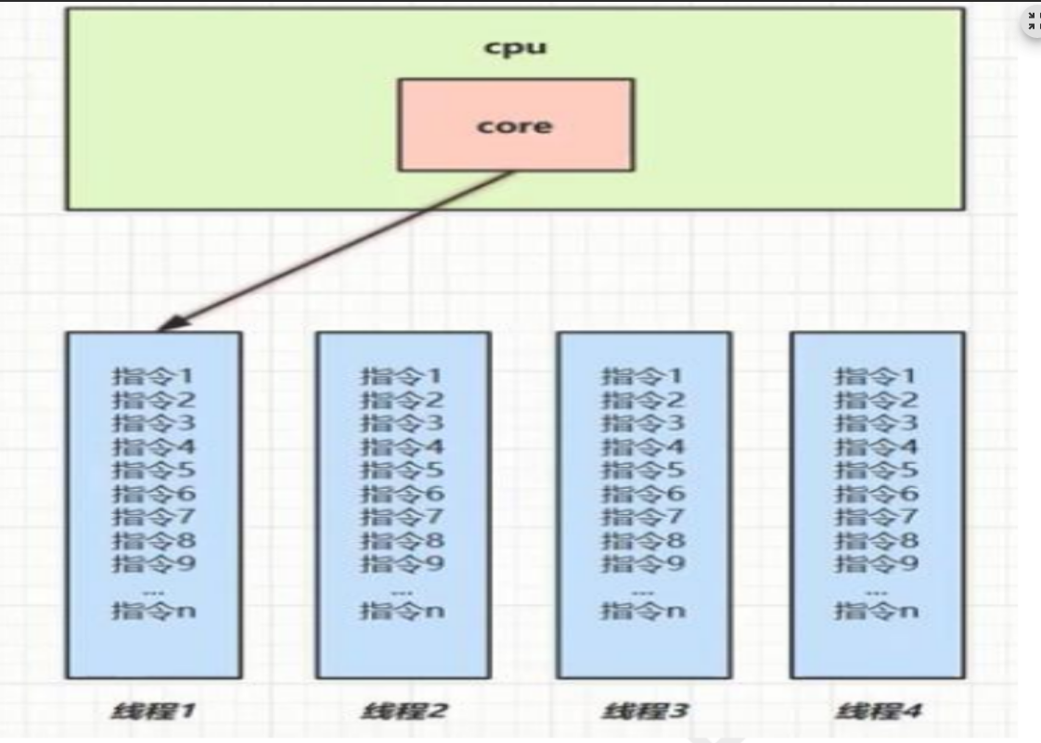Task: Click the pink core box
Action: click(516, 124)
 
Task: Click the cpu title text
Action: click(515, 47)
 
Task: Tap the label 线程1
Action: click(154, 711)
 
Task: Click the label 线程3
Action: click(643, 711)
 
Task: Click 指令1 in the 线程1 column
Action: click(154, 378)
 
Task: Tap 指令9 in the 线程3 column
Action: click(643, 563)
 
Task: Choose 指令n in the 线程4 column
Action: click(877, 610)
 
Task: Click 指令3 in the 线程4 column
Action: click(877, 424)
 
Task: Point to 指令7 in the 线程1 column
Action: click(154, 517)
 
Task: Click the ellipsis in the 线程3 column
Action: click(643, 589)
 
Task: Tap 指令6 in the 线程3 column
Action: click(643, 493)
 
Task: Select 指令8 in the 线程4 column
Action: click(877, 540)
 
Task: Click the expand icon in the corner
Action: click(1032, 24)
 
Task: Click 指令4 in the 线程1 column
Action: click(154, 447)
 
